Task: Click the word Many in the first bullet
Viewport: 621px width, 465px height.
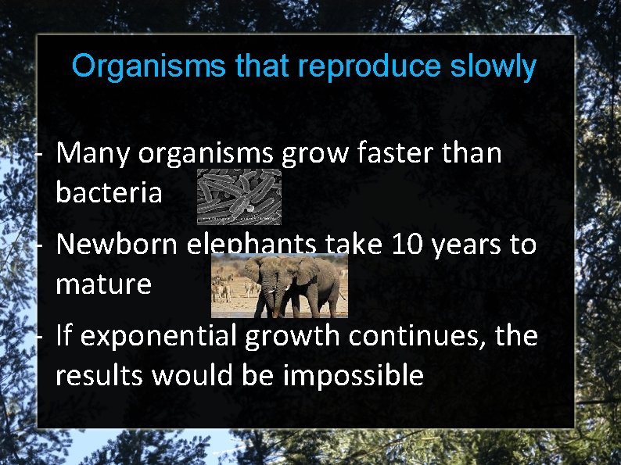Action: coord(94,154)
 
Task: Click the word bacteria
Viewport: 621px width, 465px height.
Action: coord(109,192)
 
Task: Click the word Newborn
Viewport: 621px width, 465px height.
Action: coord(117,245)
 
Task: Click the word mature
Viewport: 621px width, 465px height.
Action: coord(103,284)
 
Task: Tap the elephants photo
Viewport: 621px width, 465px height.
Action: coord(279,286)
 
